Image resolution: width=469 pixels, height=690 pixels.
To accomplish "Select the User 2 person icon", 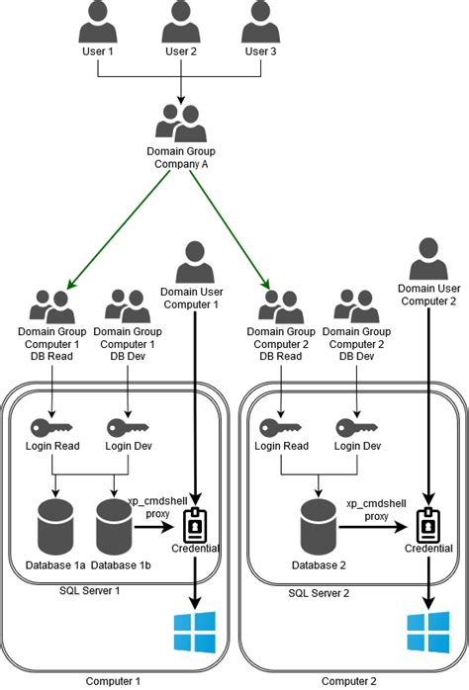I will pyautogui.click(x=180, y=20).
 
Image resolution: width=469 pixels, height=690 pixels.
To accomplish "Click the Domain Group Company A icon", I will pyautogui.click(x=180, y=122).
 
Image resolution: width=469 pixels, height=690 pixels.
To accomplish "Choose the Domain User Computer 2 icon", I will pyautogui.click(x=426, y=259).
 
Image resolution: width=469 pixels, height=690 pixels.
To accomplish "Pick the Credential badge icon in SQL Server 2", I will pyautogui.click(x=427, y=523).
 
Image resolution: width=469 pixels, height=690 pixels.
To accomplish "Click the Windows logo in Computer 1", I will pyautogui.click(x=194, y=632).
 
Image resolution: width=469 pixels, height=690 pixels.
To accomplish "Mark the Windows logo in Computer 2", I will pyautogui.click(x=426, y=632).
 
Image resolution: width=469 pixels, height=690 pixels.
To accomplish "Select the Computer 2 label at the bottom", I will pyautogui.click(x=349, y=681).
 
